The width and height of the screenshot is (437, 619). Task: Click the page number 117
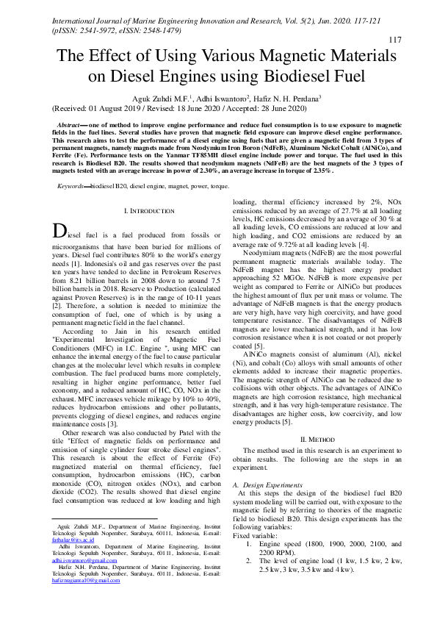(394, 39)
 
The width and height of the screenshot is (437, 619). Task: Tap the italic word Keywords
(73, 187)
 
